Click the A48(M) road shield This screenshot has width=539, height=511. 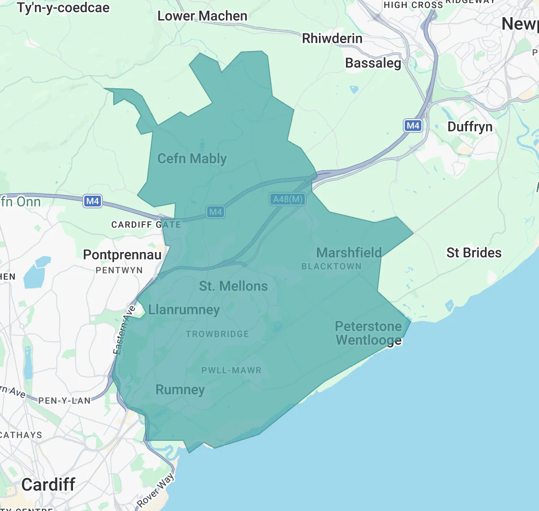point(288,199)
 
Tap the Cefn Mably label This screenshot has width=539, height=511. point(192,158)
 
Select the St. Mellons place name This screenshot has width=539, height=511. point(233,286)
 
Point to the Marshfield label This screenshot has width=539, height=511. point(349,253)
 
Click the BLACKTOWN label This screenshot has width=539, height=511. point(331,266)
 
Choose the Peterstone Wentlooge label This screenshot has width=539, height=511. point(368,333)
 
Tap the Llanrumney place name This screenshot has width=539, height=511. point(184,309)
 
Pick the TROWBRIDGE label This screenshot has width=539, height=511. point(218,334)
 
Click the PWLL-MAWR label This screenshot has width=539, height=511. point(231,370)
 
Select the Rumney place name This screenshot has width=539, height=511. point(180,389)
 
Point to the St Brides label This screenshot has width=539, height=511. point(474,253)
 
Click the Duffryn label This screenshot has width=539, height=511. point(470,127)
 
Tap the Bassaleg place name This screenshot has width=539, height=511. point(373,63)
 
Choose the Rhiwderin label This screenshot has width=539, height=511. point(332,38)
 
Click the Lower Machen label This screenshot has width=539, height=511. point(202,16)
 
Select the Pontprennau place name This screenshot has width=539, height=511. point(122,255)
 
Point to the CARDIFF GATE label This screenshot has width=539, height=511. point(146,225)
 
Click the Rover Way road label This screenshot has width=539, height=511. point(155,490)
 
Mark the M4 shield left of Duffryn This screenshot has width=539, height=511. point(413,126)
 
